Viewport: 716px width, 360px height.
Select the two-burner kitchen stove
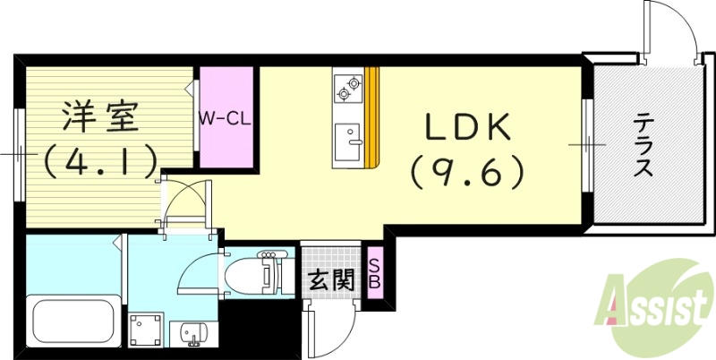pos(347,88)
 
